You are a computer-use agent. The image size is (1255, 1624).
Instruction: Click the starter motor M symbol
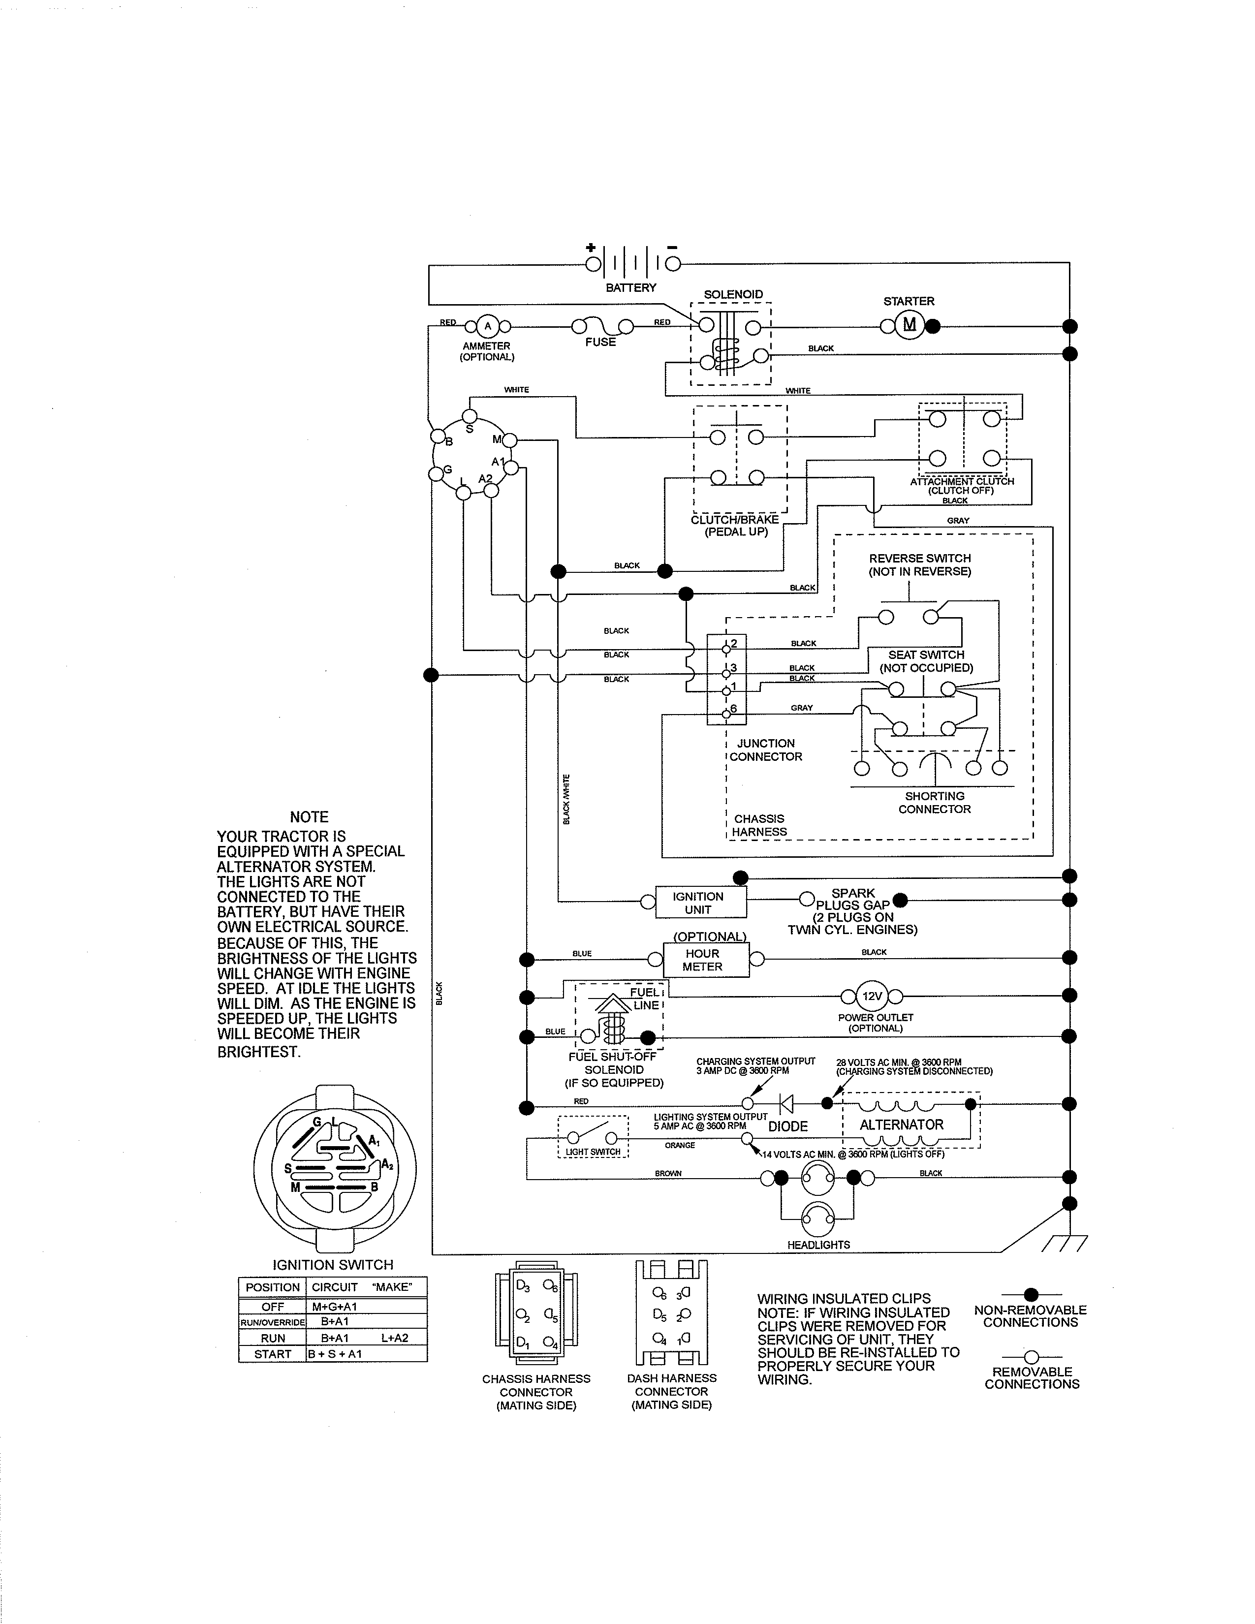click(x=909, y=325)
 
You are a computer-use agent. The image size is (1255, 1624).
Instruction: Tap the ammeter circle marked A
click(x=488, y=326)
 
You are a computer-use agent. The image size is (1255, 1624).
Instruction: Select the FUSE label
click(x=600, y=342)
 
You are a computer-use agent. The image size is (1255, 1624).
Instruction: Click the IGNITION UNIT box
click(x=698, y=903)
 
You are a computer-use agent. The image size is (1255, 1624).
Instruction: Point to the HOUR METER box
click(x=703, y=960)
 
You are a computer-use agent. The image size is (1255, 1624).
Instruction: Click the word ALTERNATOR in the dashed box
click(x=901, y=1125)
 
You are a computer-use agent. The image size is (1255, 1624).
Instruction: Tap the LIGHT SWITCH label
click(x=593, y=1152)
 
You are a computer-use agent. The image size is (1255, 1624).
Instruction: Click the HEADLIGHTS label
click(x=818, y=1245)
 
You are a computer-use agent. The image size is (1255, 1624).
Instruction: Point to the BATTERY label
click(x=630, y=288)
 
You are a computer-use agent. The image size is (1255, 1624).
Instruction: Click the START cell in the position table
click(x=272, y=1354)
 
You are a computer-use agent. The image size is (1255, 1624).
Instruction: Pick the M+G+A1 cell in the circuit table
click(x=335, y=1307)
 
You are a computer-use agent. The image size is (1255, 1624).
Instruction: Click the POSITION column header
click(x=272, y=1287)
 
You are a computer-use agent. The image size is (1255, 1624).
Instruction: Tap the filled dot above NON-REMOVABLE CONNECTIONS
click(x=1031, y=1295)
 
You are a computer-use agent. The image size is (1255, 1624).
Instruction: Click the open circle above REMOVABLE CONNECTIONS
click(x=1031, y=1357)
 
